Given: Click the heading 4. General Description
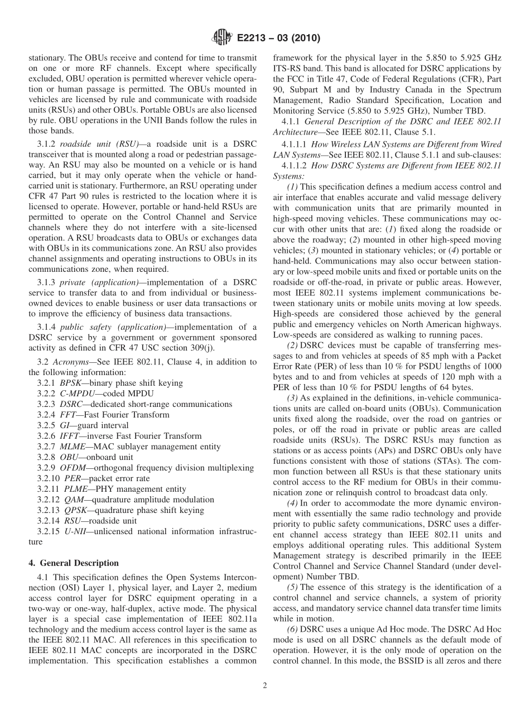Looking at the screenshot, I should pos(74,563).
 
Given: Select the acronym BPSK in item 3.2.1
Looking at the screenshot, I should pos(70,383).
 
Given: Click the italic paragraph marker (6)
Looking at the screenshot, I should pos(292,630).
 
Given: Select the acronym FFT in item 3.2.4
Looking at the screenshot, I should pos(68,415).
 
